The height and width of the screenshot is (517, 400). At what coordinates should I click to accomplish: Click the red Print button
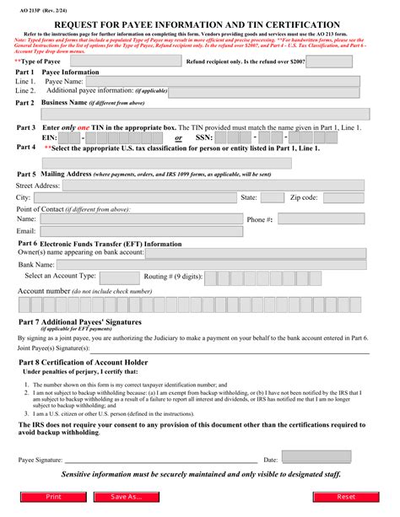coord(52,498)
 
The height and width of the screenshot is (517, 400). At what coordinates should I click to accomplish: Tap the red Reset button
coord(346,498)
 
